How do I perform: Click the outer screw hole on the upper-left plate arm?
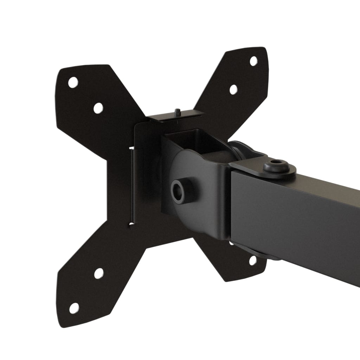coord(73,82)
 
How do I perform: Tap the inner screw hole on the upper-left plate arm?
coord(98,108)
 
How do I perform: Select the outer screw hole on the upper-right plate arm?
coord(253,61)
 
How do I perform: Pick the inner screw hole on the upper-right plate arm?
coord(233,89)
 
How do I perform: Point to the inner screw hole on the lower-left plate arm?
coord(99,273)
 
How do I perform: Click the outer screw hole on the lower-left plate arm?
coord(74,308)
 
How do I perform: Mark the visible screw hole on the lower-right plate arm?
coord(252,260)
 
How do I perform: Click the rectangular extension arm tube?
coord(299,218)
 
